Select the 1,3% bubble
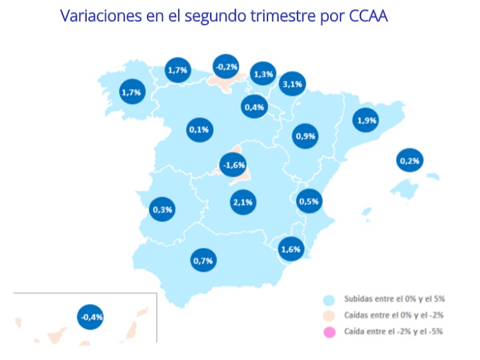[263, 74]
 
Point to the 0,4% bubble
[254, 107]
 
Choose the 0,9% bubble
[306, 135]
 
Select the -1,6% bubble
[234, 165]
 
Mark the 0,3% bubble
[162, 209]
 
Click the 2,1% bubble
[242, 202]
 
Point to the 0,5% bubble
[309, 201]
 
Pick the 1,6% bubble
[291, 249]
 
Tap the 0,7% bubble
[203, 260]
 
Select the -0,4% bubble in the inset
[91, 317]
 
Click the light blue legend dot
[329, 300]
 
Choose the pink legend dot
[329, 331]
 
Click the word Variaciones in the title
[103, 16]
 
